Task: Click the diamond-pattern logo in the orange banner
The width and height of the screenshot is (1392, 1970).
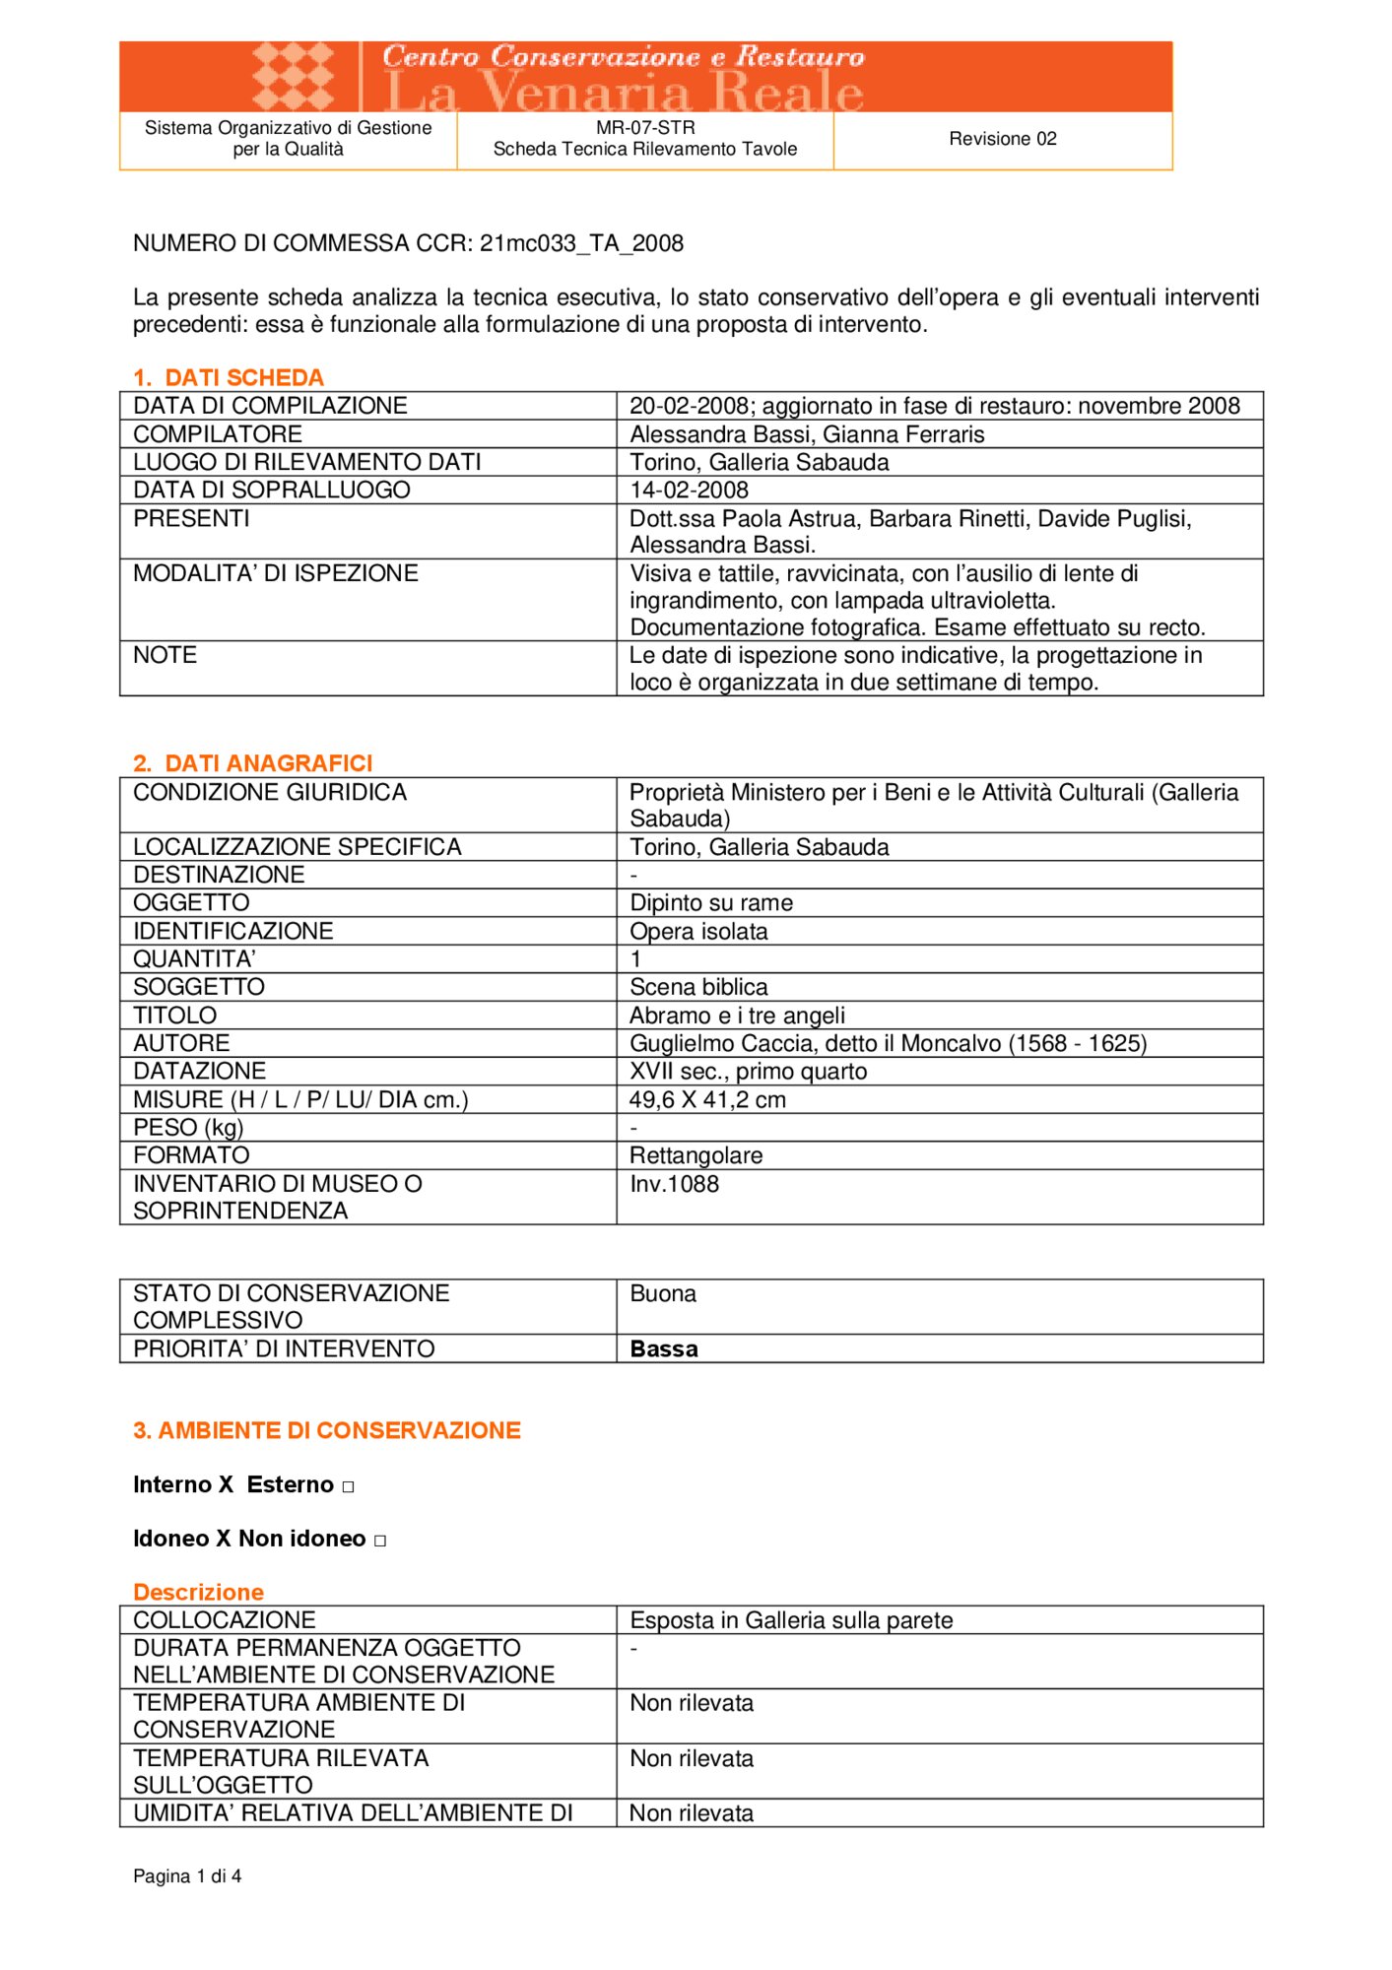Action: pyautogui.click(x=293, y=76)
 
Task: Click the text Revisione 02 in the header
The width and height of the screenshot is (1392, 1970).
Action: pyautogui.click(x=1002, y=139)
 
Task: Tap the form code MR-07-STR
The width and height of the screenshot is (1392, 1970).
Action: pyautogui.click(x=645, y=128)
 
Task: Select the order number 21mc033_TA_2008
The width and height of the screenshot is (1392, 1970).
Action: pyautogui.click(x=581, y=243)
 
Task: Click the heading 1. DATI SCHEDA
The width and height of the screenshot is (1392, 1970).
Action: pyautogui.click(x=229, y=377)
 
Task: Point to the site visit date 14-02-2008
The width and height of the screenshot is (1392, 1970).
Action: pyautogui.click(x=689, y=490)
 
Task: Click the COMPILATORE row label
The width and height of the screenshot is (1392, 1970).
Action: pyautogui.click(x=218, y=434)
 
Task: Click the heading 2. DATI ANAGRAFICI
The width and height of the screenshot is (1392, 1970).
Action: pyautogui.click(x=253, y=763)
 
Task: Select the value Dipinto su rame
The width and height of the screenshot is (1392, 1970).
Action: pyautogui.click(x=711, y=903)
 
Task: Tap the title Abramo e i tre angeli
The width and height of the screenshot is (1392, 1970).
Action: pyautogui.click(x=737, y=1016)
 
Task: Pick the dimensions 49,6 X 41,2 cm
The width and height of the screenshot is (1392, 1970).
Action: pyautogui.click(x=707, y=1100)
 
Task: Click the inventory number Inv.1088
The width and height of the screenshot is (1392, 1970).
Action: pyautogui.click(x=674, y=1184)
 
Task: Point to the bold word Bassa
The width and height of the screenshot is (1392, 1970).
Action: pyautogui.click(x=664, y=1349)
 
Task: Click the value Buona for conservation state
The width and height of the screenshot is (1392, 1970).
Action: pyautogui.click(x=663, y=1293)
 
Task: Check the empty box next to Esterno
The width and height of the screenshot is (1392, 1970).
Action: pyautogui.click(x=348, y=1486)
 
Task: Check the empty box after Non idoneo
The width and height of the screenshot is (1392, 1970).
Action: pyautogui.click(x=380, y=1541)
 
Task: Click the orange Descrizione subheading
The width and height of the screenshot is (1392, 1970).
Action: pyautogui.click(x=198, y=1592)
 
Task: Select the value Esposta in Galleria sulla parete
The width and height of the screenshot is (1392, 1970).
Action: pyautogui.click(x=791, y=1620)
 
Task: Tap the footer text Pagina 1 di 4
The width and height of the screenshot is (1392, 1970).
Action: pyautogui.click(x=187, y=1876)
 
